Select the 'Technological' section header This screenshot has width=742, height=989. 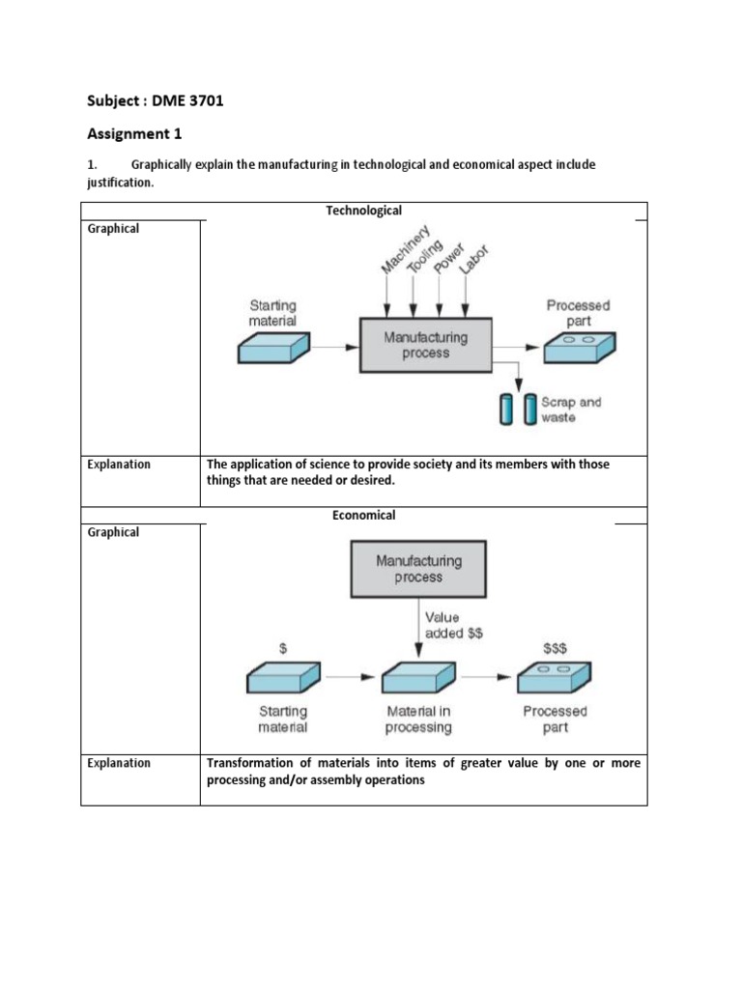[363, 211]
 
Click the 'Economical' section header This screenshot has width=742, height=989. [363, 516]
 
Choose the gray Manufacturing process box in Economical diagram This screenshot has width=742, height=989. [418, 569]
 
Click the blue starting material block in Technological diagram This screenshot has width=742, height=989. [272, 349]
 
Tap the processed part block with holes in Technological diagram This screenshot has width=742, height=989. [578, 349]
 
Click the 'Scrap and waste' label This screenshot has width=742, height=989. [571, 410]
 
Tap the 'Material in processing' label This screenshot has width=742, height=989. [418, 720]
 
